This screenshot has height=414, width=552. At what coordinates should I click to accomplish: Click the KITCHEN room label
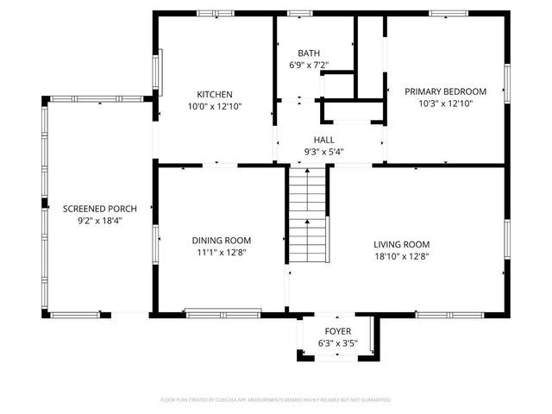214,94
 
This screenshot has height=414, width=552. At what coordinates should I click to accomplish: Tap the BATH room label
309,53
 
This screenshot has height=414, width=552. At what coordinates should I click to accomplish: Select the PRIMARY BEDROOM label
445,91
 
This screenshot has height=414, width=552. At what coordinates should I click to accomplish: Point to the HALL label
323,140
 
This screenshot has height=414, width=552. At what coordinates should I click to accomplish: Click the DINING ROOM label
221,241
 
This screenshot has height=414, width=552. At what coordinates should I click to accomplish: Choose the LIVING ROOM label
401,244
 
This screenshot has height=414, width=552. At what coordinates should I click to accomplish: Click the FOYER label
337,331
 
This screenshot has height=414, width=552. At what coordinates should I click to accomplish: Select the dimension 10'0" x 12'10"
214,106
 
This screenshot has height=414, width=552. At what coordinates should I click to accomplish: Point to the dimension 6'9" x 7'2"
309,65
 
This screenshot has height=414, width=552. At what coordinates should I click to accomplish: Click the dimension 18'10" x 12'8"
401,256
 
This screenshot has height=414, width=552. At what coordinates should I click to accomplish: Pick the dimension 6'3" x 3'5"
337,343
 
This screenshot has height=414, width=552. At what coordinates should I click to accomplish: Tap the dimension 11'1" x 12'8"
221,253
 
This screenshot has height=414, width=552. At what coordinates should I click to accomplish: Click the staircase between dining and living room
308,216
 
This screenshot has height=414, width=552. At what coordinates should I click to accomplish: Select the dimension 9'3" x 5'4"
323,152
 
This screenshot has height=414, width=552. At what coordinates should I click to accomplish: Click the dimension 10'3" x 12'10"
445,103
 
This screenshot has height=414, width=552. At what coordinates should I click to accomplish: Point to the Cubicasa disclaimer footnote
276,400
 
